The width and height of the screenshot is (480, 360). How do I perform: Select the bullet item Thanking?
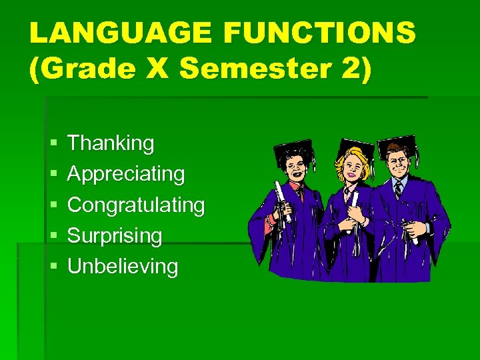(x=111, y=143)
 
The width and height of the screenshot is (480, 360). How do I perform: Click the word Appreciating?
(x=126, y=174)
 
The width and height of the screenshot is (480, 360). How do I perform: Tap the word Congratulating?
(x=136, y=205)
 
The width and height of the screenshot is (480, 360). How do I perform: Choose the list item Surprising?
(x=115, y=235)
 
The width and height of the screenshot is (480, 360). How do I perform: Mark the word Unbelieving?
(x=123, y=267)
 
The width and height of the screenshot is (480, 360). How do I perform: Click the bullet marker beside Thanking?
(x=53, y=143)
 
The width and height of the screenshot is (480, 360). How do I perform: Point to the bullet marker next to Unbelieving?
(x=53, y=267)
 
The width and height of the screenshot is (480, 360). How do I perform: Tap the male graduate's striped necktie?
(x=398, y=191)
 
